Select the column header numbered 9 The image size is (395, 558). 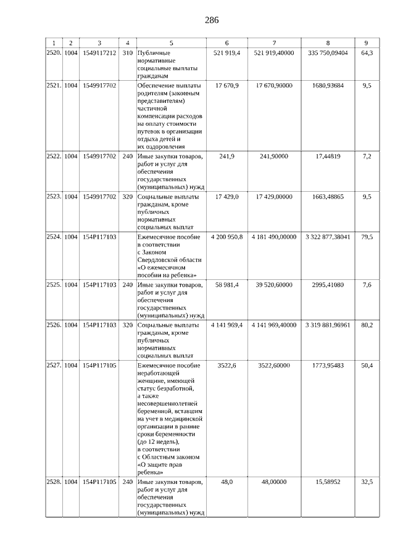[x=366, y=43]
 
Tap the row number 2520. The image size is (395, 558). [x=54, y=53]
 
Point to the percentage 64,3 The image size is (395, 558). [x=366, y=53]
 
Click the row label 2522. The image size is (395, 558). [x=54, y=156]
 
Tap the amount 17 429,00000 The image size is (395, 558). [x=274, y=196]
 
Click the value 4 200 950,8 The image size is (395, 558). [x=227, y=236]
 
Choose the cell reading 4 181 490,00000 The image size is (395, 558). [x=274, y=236]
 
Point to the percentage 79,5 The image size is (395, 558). [x=366, y=236]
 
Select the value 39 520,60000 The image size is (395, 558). [x=274, y=284]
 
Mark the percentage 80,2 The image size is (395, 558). [x=366, y=324]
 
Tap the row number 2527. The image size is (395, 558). [x=54, y=365]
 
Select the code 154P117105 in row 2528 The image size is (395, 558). [x=99, y=482]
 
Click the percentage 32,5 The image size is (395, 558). [x=366, y=482]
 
